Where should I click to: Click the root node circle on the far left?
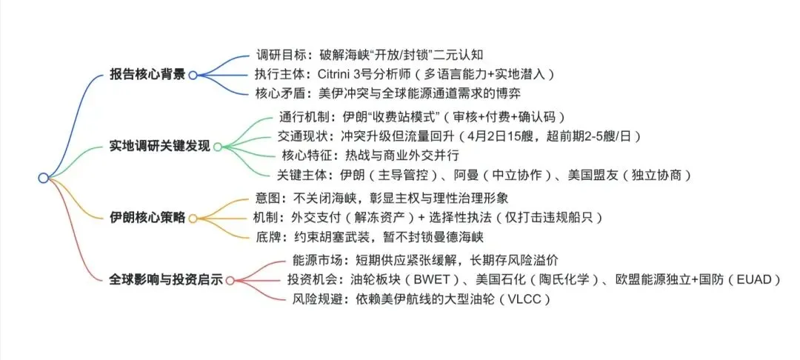click(x=43, y=177)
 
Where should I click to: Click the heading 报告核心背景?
click(x=147, y=75)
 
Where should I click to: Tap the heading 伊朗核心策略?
click(x=147, y=219)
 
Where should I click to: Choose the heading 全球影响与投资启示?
click(x=165, y=279)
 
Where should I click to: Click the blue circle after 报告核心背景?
click(x=193, y=75)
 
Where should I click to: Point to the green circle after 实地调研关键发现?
click(x=217, y=147)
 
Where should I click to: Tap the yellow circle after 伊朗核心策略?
click(x=193, y=219)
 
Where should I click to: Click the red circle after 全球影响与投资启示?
click(x=230, y=280)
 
